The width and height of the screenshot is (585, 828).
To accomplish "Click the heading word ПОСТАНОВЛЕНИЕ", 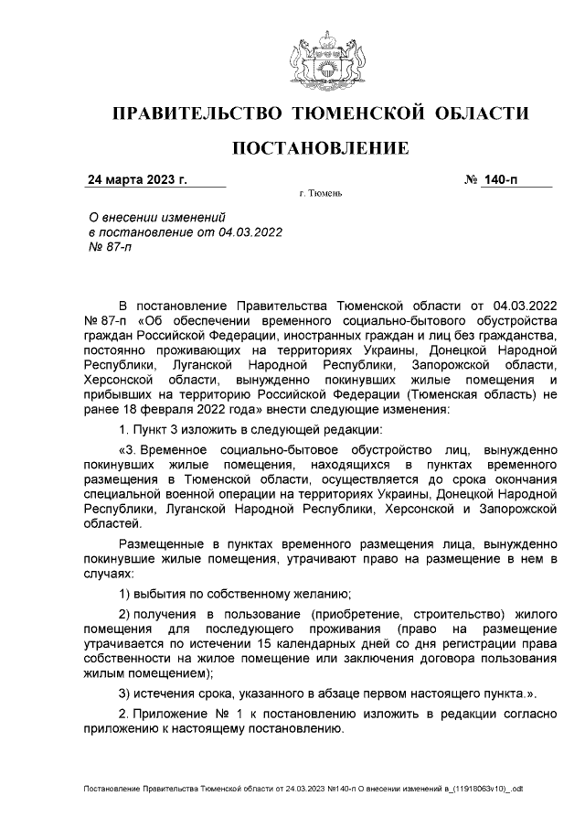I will (320, 148).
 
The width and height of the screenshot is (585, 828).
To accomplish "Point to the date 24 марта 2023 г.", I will (136, 179).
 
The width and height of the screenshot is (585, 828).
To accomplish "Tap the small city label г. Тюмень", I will (320, 195).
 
